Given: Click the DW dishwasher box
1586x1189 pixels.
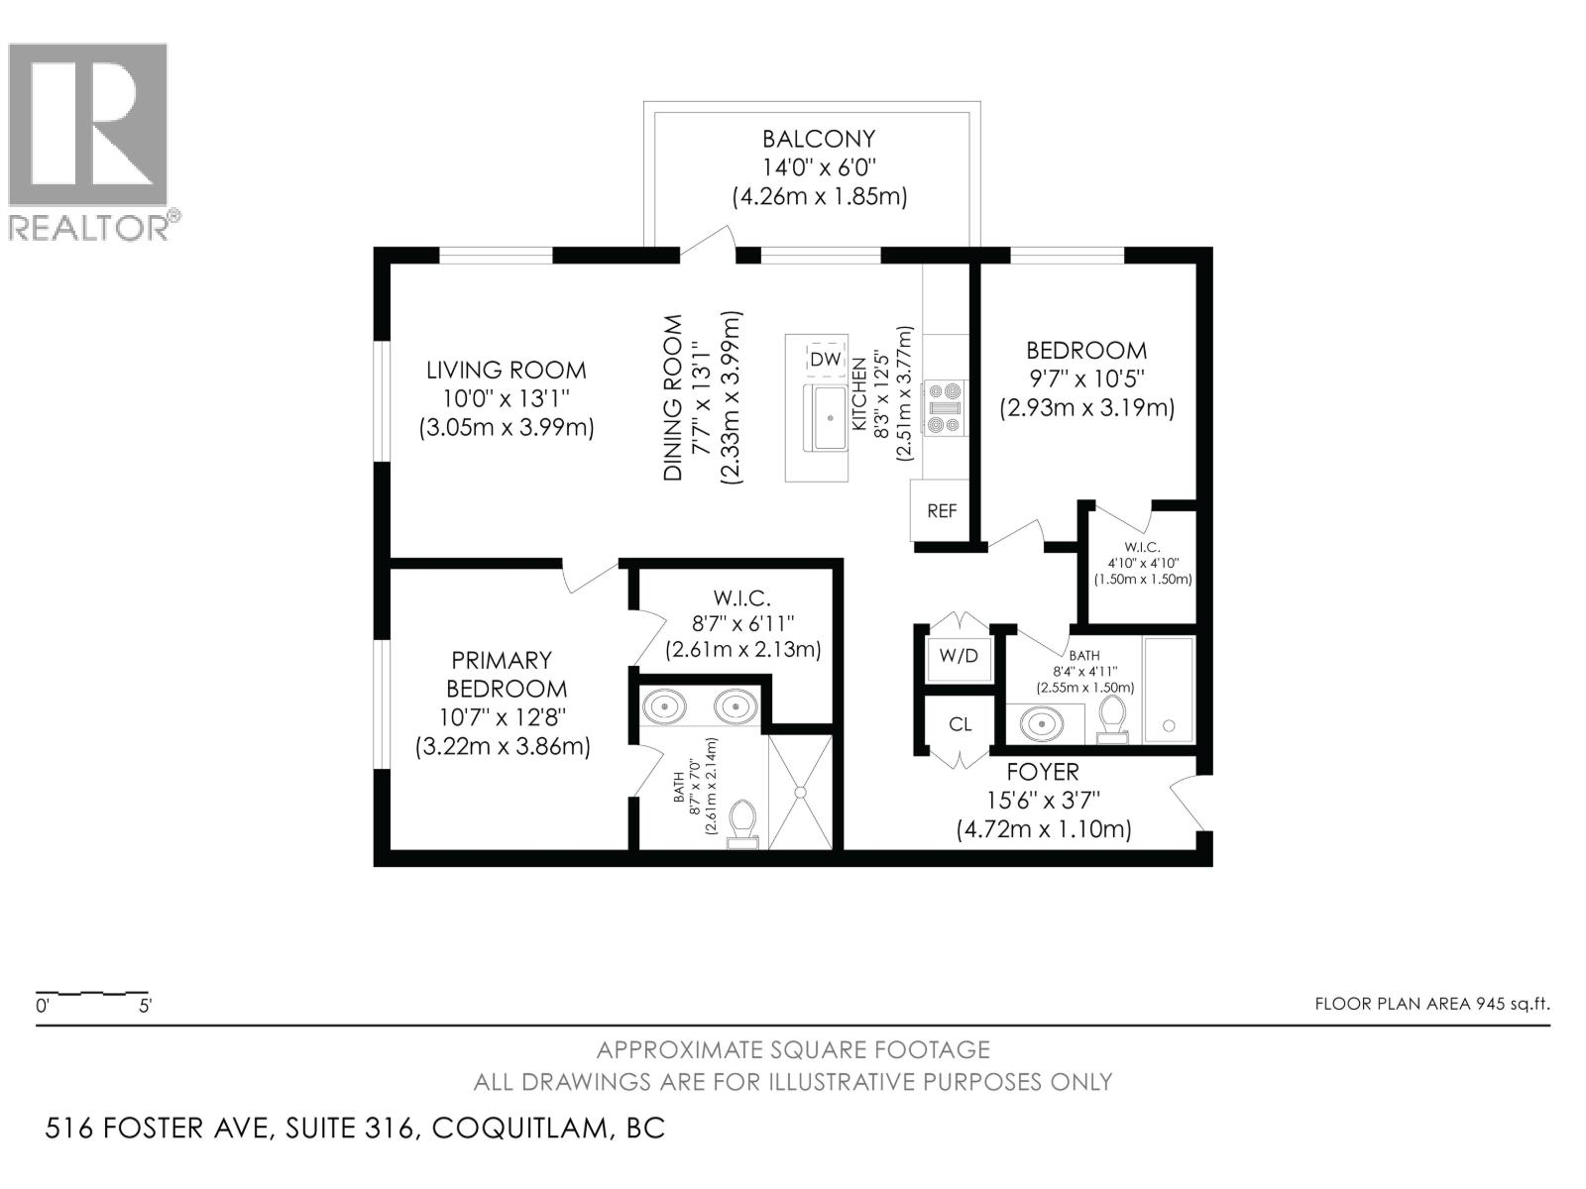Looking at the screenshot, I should coord(825,360).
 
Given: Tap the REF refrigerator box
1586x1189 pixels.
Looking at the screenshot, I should coord(942,511).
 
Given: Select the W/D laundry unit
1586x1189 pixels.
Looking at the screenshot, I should coord(959,656).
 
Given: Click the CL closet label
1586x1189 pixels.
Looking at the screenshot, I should coord(960,724).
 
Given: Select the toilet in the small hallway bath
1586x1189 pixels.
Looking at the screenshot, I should coord(1113,717).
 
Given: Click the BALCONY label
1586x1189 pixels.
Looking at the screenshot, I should coord(819,139).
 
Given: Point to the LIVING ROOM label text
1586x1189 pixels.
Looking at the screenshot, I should coord(506,370).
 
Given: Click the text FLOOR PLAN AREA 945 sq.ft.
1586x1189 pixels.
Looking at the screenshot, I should coord(1431,1003).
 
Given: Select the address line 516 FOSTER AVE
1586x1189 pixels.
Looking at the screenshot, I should coord(355,1128).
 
